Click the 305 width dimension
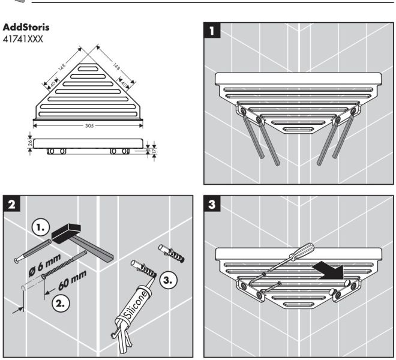click(x=88, y=127)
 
